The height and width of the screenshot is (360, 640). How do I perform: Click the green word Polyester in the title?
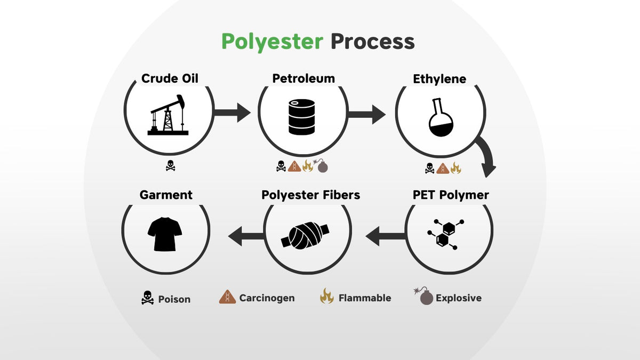[x=272, y=42]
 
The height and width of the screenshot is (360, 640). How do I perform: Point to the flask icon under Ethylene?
[x=440, y=118]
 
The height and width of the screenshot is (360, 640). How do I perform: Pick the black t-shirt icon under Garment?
[x=165, y=234]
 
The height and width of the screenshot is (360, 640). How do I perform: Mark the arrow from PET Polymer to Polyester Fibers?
[x=385, y=236]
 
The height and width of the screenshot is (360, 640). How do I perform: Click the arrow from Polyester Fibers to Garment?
[x=246, y=236]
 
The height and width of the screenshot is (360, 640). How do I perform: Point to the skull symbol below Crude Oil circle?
[x=170, y=166]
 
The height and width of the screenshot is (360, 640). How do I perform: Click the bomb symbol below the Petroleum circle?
[x=322, y=166]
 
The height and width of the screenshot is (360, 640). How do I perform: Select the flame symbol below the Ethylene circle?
[x=455, y=169]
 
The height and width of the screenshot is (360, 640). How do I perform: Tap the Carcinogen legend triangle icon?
[x=227, y=297]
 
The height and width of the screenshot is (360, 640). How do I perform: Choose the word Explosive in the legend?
[x=458, y=298]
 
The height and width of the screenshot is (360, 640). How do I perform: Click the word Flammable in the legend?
[x=365, y=298]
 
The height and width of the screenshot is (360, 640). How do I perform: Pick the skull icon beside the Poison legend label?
[x=148, y=298]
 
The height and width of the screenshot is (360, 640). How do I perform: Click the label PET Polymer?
[x=451, y=195]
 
